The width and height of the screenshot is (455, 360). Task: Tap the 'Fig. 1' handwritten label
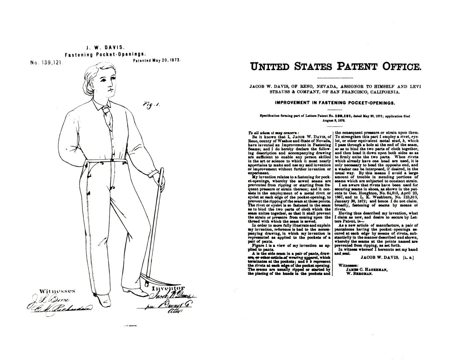(151, 105)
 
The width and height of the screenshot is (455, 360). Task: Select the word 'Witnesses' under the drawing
(57, 291)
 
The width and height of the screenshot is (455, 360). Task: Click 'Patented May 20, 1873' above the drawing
(157, 60)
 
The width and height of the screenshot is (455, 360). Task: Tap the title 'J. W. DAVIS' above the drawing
(105, 48)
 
